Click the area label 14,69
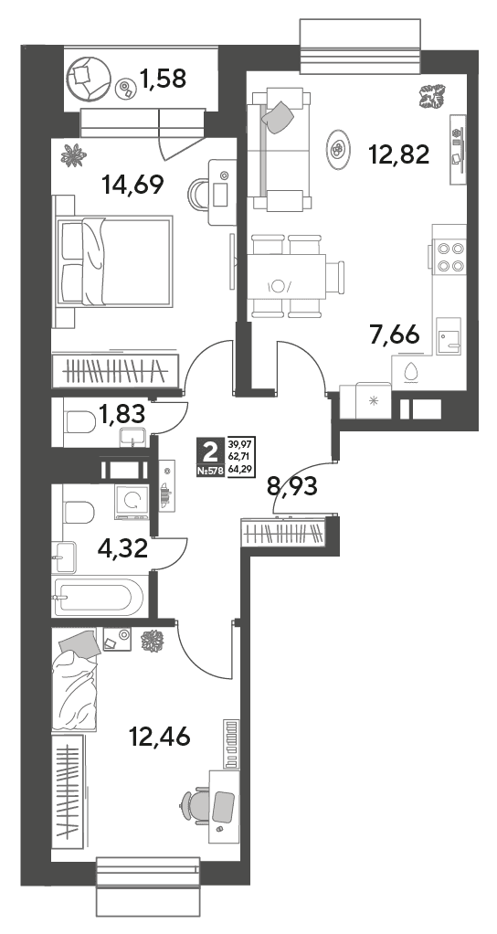(132, 185)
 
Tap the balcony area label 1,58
(164, 78)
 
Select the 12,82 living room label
(399, 154)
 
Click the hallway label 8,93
(292, 486)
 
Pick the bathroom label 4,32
(122, 547)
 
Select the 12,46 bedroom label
(159, 737)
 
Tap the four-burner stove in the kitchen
(449, 257)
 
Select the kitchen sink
(448, 337)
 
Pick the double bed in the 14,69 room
(113, 261)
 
